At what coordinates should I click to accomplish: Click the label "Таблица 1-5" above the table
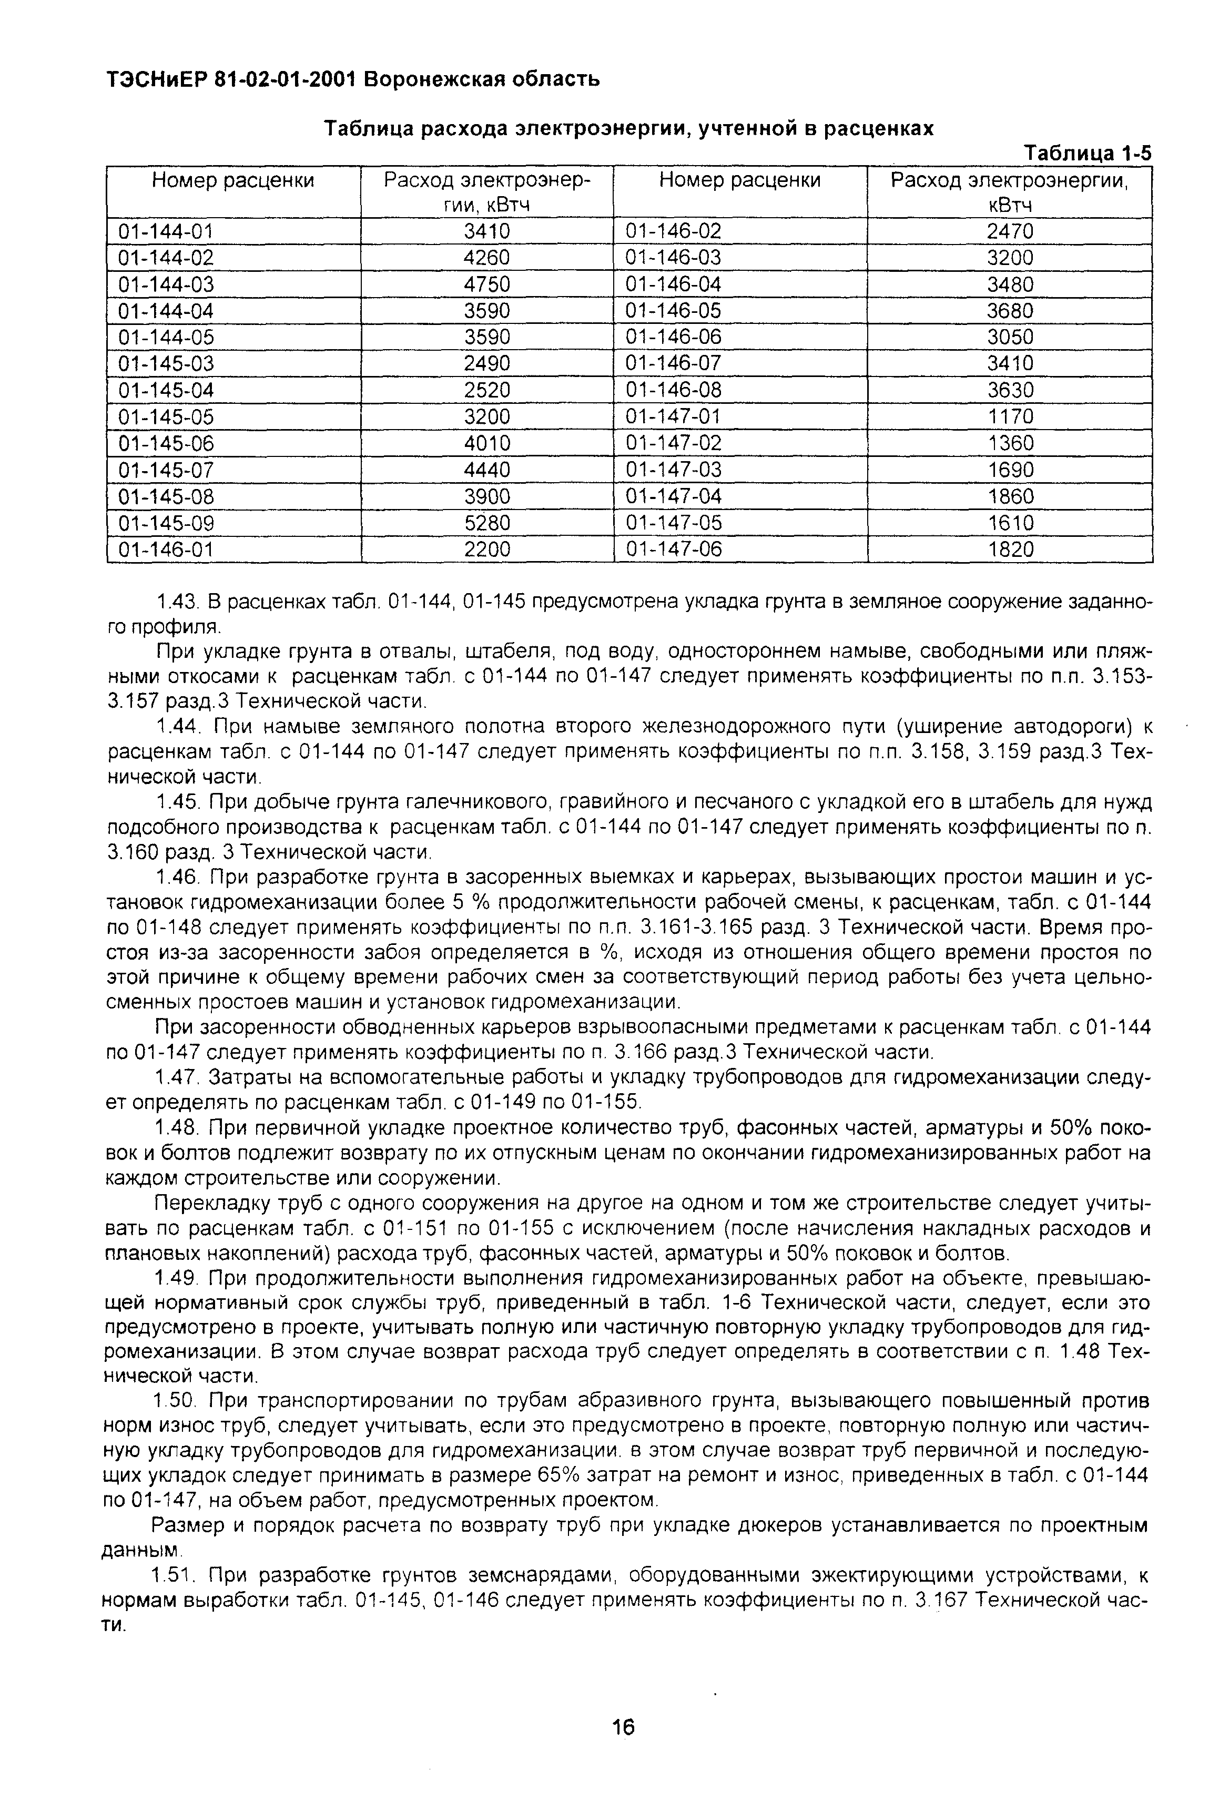pyautogui.click(x=1088, y=154)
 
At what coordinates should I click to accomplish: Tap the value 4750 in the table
pyautogui.click(x=487, y=284)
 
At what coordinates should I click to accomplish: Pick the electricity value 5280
pyautogui.click(x=487, y=523)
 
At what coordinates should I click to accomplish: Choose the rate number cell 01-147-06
pyautogui.click(x=673, y=550)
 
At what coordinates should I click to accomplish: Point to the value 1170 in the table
pyautogui.click(x=1010, y=417)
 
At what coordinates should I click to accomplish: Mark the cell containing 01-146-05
pyautogui.click(x=673, y=311)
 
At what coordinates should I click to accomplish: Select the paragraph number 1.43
pyautogui.click(x=174, y=602)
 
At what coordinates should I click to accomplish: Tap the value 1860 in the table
pyautogui.click(x=1010, y=497)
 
